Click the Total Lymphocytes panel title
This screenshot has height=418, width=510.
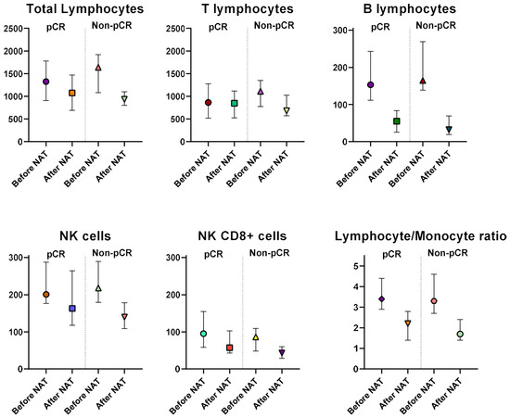(x=85, y=8)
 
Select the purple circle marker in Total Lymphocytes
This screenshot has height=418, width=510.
(x=45, y=82)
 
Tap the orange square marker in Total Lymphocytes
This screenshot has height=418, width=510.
(x=72, y=93)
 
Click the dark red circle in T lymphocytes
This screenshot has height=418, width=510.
(x=208, y=103)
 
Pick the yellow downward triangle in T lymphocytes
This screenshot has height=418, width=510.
(x=287, y=111)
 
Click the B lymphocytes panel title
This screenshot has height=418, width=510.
(x=410, y=8)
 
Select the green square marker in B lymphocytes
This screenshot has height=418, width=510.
(x=397, y=121)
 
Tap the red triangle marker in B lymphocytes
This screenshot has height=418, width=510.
(x=423, y=81)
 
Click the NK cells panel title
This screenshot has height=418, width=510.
(x=85, y=236)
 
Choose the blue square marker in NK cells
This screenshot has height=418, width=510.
(x=72, y=309)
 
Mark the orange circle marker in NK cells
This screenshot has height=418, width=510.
(x=46, y=295)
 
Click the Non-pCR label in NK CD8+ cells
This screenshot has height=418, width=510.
(x=269, y=253)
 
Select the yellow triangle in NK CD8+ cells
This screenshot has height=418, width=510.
(x=256, y=337)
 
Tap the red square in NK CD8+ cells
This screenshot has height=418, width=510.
(x=230, y=348)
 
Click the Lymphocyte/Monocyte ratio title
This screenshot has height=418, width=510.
(x=421, y=236)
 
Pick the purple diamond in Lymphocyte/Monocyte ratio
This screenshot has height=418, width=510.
(x=381, y=299)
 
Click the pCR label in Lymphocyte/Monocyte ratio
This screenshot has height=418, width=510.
(x=391, y=254)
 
